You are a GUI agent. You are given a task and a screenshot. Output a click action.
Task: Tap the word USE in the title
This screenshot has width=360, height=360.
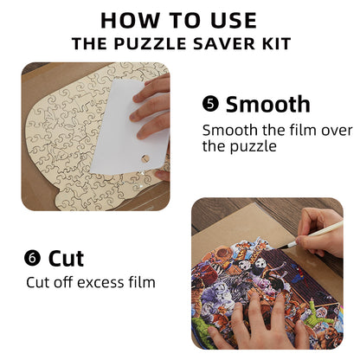pyautogui.click(x=228, y=21)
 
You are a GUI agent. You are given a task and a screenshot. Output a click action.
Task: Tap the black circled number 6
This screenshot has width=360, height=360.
pyautogui.click(x=33, y=257)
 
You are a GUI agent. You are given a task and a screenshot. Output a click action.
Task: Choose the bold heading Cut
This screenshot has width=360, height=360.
pyautogui.click(x=66, y=257)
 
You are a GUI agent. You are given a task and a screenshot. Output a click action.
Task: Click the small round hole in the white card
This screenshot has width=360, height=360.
pyautogui.click(x=145, y=160)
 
